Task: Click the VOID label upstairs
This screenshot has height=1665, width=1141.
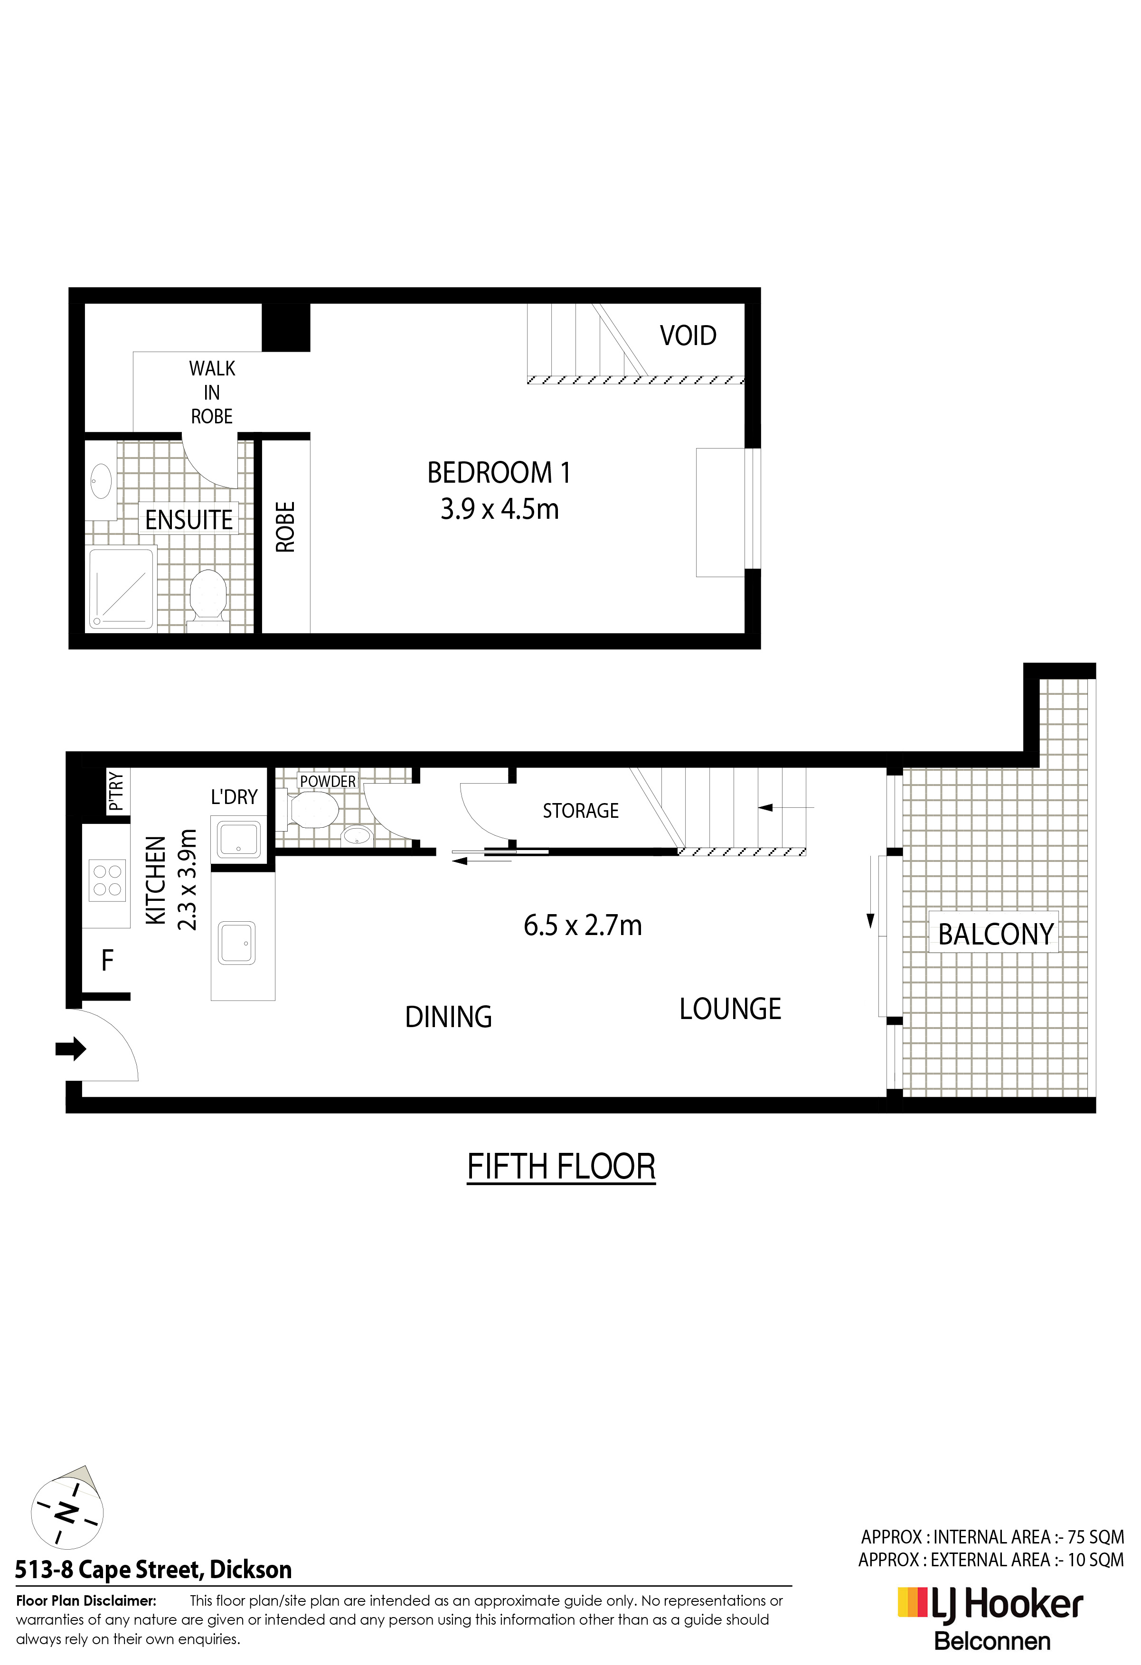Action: [688, 335]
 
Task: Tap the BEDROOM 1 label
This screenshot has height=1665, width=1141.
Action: [499, 473]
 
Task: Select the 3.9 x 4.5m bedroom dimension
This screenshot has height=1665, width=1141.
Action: [500, 509]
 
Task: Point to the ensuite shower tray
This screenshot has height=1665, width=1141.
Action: [121, 589]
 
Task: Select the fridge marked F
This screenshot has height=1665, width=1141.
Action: [107, 960]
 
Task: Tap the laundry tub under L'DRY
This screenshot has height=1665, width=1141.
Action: [239, 840]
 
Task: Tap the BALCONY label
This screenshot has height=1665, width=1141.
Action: [996, 934]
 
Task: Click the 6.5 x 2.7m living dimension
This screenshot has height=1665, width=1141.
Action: [583, 926]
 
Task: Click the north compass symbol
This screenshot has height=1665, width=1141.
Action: [66, 1512]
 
